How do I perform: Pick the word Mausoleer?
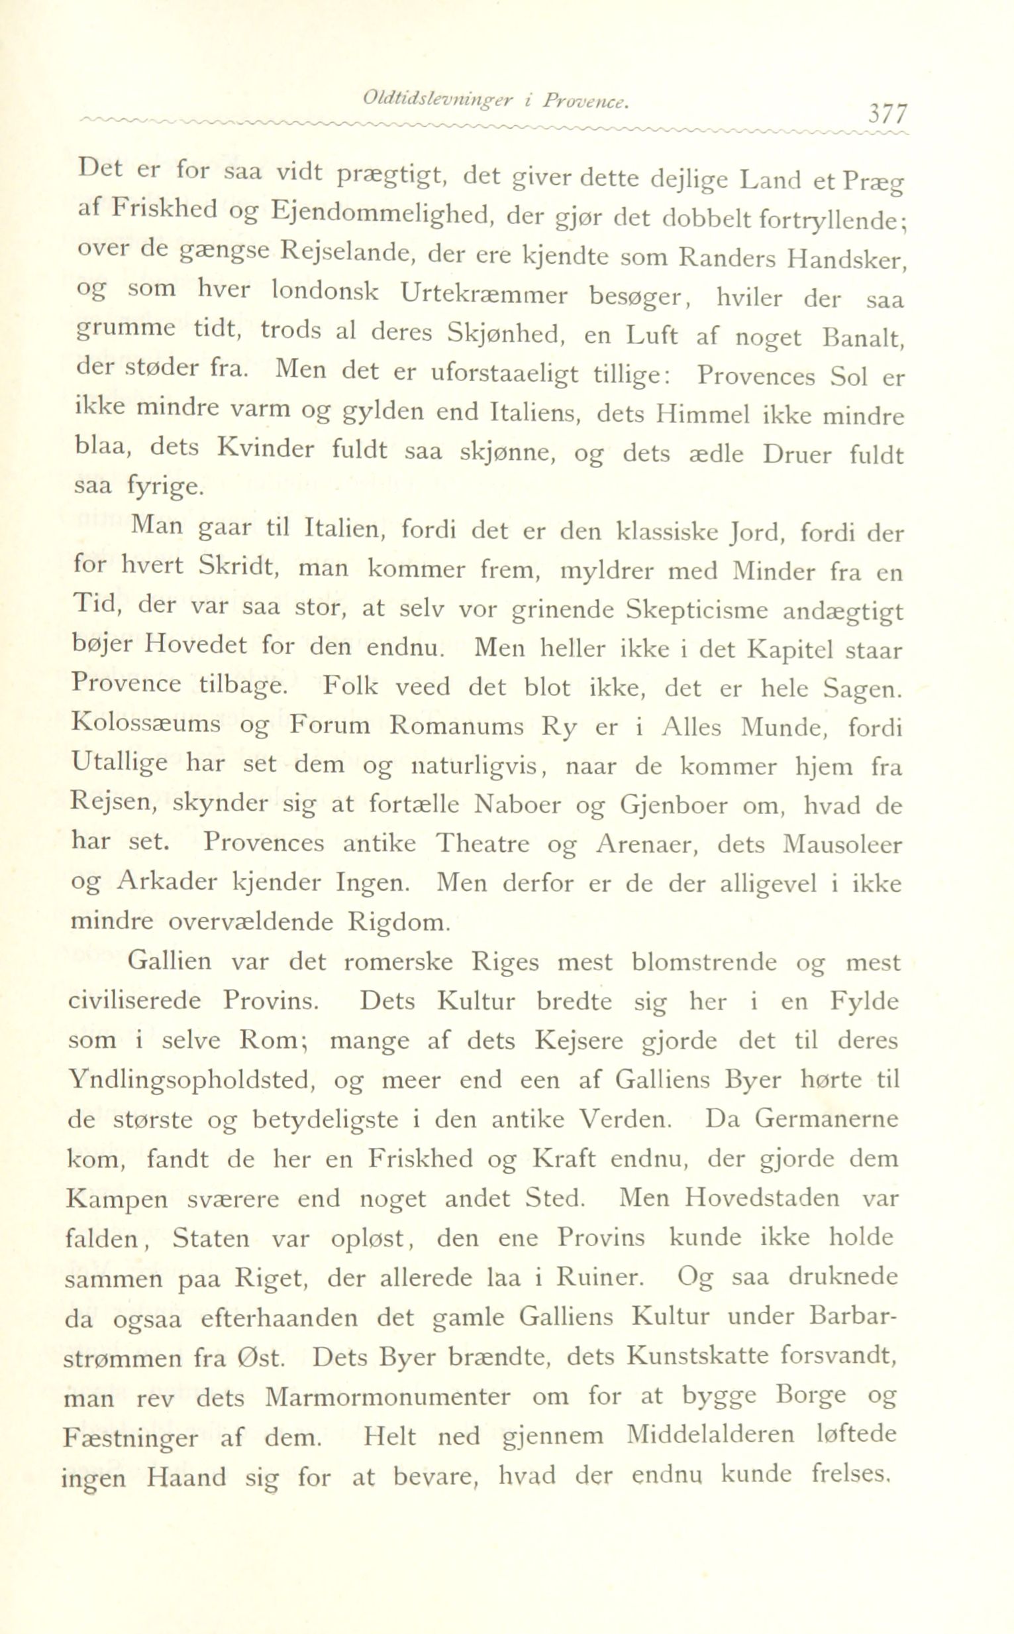pos(842,843)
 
